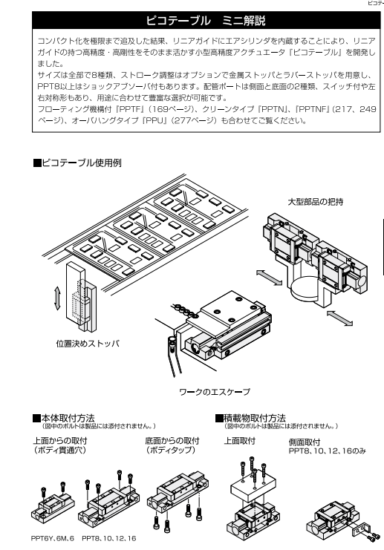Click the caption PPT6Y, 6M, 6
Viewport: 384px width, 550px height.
tap(51, 537)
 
